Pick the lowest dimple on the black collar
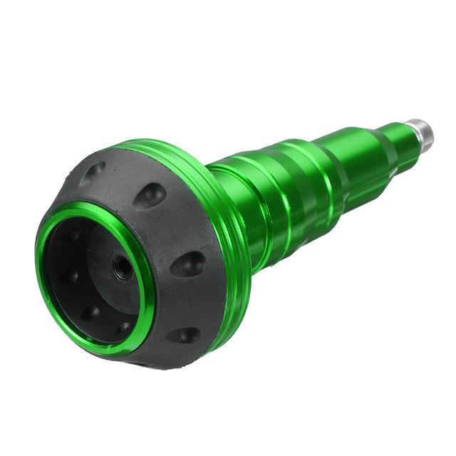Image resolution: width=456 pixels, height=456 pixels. click(186, 334)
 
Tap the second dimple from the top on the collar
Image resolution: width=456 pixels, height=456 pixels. click(150, 195)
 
